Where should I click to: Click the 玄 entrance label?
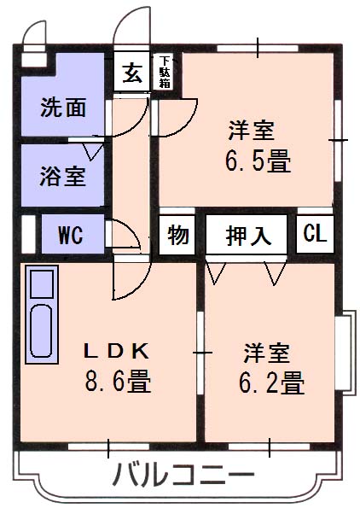pos(132,73)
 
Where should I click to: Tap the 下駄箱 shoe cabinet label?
pos(165,72)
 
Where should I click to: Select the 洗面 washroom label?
pos(63,107)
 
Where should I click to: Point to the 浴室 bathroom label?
pos(63,176)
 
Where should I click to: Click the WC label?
pos(71,235)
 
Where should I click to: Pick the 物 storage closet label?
pos(177,235)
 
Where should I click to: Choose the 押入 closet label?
pos(248,235)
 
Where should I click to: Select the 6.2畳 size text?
pos(271,382)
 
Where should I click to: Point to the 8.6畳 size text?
pos(118,381)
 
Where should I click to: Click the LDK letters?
pos(117,351)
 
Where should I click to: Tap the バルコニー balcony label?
pos(183,475)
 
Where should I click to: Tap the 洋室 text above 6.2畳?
pos(267,353)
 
